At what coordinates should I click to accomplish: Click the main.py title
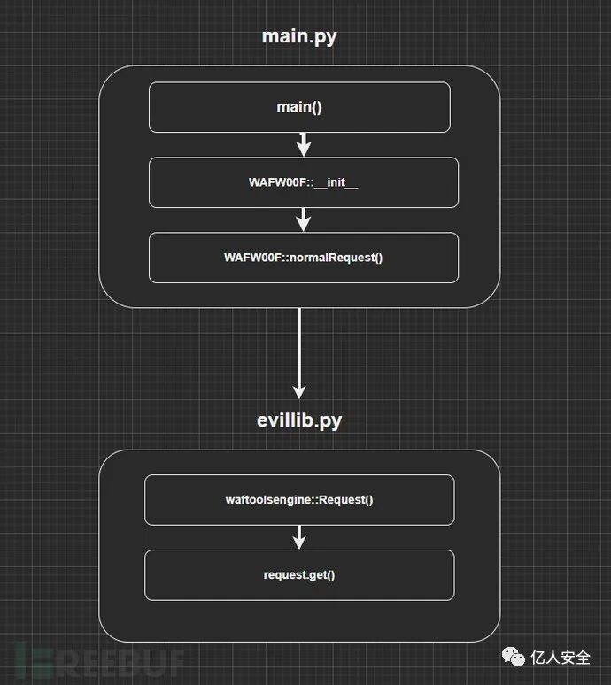tap(299, 36)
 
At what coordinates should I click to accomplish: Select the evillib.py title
tap(299, 419)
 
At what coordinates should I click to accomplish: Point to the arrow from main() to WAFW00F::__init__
tap(304, 144)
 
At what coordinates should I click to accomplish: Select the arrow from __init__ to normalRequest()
tap(304, 219)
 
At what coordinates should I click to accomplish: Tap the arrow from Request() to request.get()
tap(299, 536)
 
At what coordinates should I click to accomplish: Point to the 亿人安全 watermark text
tap(561, 658)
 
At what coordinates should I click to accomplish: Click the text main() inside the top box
tap(299, 107)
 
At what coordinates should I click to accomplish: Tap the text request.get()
tap(299, 574)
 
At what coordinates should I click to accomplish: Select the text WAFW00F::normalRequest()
tap(304, 258)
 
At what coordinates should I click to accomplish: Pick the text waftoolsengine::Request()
tap(299, 499)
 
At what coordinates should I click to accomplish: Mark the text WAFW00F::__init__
tap(304, 182)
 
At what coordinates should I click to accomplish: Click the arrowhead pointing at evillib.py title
tap(299, 392)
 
